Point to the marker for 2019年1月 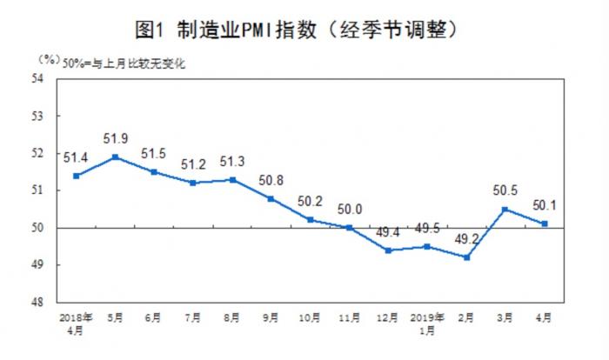coord(426,246)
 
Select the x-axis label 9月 coord(271,317)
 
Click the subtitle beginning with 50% coord(122,63)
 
